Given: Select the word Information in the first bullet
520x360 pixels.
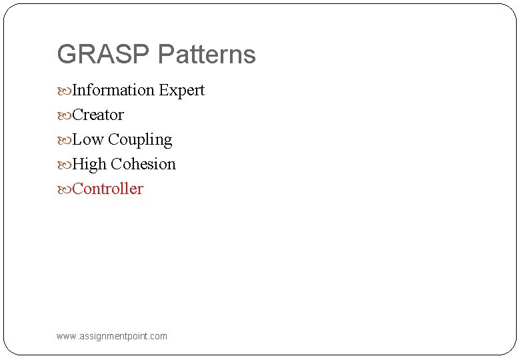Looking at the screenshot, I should click(113, 90).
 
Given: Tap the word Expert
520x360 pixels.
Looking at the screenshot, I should click(181, 91).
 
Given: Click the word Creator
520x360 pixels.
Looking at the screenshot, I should click(98, 115).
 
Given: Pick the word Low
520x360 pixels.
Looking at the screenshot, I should click(87, 139).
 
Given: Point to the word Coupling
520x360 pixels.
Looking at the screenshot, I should click(140, 140).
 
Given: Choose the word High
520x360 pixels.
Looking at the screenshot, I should click(89, 164).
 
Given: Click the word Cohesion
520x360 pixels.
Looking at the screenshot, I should click(143, 164).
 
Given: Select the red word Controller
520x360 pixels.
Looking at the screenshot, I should click(107, 189).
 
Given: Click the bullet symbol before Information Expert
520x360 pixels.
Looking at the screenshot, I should click(63, 91).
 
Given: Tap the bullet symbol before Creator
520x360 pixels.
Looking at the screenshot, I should click(63, 115).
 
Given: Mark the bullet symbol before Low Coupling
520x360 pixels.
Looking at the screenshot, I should click(63, 140).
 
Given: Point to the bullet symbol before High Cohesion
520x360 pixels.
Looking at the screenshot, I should click(63, 165).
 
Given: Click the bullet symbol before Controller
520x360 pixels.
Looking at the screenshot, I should click(63, 189).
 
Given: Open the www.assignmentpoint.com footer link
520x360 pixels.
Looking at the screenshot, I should click(112, 336).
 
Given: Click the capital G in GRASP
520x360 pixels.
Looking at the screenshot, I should click(67, 55).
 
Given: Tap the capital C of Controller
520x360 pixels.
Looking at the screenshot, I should click(77, 189).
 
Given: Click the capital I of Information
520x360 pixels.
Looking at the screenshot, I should click(75, 90).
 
